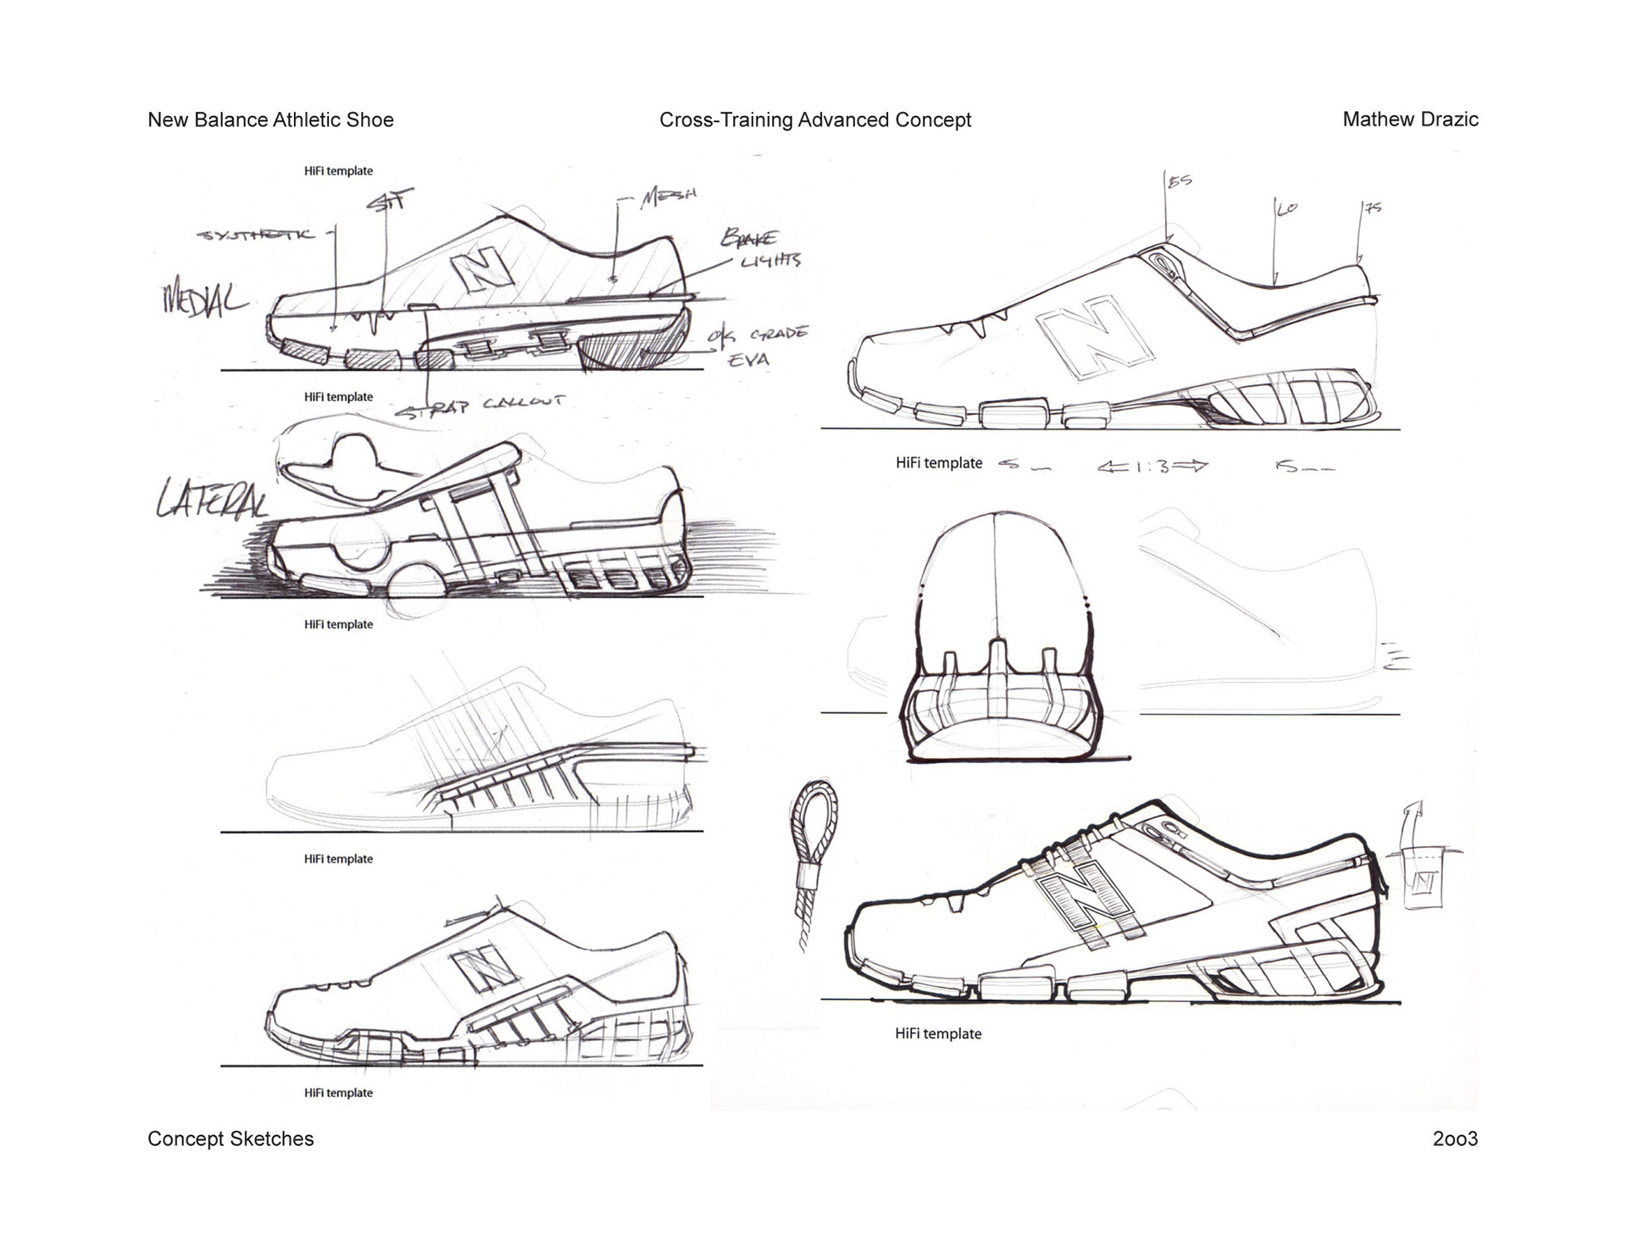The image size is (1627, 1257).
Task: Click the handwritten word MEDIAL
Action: (x=204, y=301)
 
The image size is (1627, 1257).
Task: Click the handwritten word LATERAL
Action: (x=212, y=500)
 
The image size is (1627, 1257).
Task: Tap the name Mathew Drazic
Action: (x=1410, y=119)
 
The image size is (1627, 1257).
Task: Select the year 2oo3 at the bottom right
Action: (x=1455, y=1138)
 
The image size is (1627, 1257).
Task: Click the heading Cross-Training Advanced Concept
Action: (x=815, y=120)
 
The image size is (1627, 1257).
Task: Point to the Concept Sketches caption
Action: (x=230, y=1138)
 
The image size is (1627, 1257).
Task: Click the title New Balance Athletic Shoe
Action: (x=270, y=119)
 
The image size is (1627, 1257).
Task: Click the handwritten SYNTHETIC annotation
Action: (x=255, y=235)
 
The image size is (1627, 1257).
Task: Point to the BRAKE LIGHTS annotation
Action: (x=759, y=248)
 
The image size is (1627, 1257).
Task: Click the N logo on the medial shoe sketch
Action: (x=484, y=272)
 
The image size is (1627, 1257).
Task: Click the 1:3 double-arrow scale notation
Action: (x=1152, y=466)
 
